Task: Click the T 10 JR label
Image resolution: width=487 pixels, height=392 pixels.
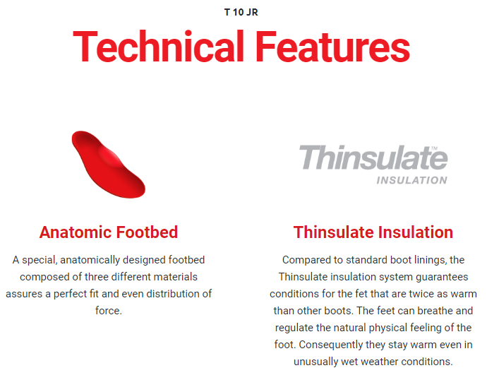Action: (x=241, y=13)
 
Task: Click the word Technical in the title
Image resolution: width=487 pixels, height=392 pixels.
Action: (x=158, y=47)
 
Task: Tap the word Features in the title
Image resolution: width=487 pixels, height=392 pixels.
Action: (x=332, y=47)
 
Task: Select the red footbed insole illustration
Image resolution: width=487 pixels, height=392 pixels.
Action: (x=109, y=164)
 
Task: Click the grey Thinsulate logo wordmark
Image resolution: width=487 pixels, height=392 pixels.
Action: (x=373, y=158)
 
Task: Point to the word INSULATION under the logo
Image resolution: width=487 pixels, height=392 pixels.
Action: (x=412, y=180)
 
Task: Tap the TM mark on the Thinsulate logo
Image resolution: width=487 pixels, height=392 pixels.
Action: (x=434, y=148)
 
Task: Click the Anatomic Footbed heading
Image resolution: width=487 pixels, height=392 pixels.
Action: (x=109, y=232)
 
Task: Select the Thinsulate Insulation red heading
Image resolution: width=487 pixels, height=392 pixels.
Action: (x=373, y=232)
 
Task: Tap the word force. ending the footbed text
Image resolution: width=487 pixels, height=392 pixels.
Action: (x=109, y=311)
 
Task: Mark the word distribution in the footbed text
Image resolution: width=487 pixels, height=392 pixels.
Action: (x=174, y=294)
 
